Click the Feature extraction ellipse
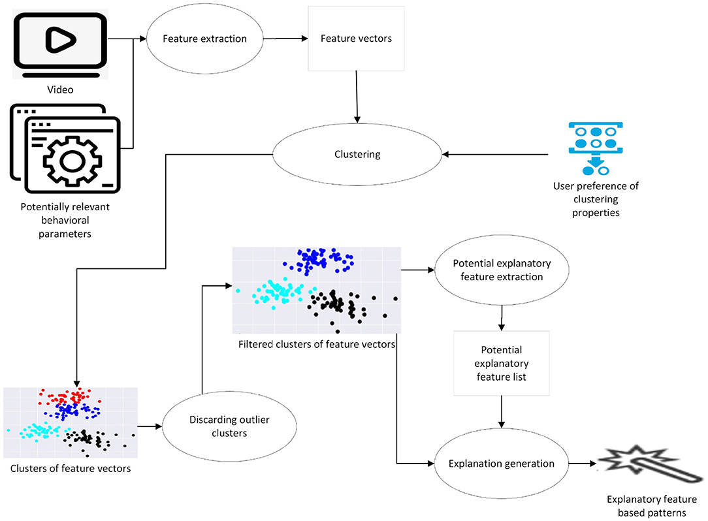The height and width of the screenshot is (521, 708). pos(205,39)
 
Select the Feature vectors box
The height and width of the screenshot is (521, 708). pos(356,39)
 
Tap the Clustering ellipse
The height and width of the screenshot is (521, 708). pos(357,155)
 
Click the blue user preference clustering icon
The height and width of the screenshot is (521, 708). pos(595,148)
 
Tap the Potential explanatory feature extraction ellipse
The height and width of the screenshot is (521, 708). pos(502,270)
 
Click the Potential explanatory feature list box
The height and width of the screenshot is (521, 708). pos(502,364)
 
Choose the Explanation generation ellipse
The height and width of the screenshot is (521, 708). pos(502,464)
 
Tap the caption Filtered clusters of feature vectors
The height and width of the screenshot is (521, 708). pos(317,344)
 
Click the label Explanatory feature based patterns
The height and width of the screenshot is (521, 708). pos(647,507)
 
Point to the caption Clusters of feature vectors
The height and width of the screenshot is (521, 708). pos(71,468)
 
